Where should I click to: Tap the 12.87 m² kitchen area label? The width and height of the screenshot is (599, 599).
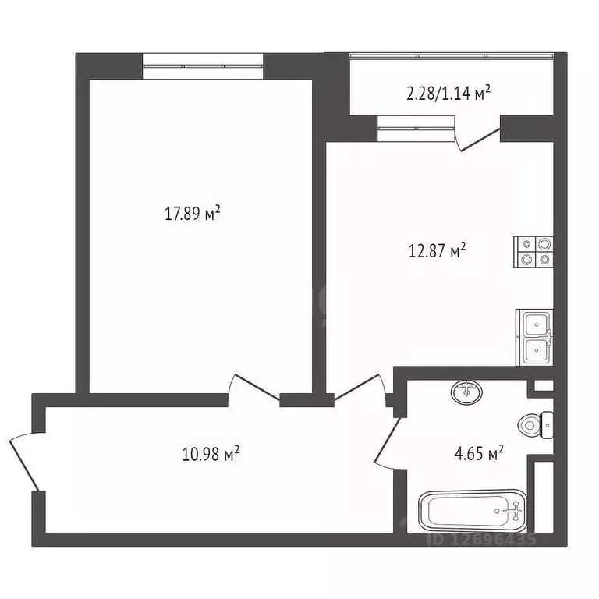pos(438,251)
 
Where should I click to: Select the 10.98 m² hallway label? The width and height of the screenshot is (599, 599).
pos(209,453)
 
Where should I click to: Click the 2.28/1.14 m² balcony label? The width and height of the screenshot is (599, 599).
pos(448,94)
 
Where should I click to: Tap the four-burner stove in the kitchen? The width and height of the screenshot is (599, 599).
pos(533,252)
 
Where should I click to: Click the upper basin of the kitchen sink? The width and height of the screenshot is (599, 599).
pos(535,324)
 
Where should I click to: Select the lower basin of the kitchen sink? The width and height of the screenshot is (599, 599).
pos(535,350)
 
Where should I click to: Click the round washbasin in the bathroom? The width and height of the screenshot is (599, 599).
pos(466,392)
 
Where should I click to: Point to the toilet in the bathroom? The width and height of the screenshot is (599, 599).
pos(534,424)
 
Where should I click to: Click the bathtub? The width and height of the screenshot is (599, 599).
pos(473,512)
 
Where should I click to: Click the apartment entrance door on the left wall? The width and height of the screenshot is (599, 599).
pos(23,460)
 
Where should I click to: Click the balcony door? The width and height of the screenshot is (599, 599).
pos(478,137)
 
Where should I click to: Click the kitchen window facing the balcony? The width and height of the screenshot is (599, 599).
pos(415,128)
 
